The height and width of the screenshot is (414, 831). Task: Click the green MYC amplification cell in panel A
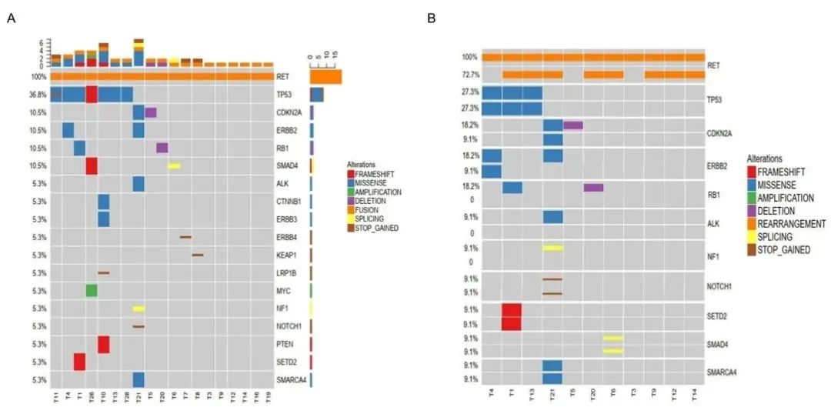(x=92, y=290)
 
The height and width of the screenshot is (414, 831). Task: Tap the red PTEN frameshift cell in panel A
(x=103, y=344)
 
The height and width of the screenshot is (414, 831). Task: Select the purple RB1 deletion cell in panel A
(x=162, y=148)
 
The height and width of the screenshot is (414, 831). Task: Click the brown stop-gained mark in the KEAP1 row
(x=198, y=255)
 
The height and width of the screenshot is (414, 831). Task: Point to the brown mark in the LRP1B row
(x=103, y=272)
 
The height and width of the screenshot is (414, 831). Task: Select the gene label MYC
(x=283, y=291)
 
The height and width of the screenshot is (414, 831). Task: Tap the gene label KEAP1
(x=286, y=255)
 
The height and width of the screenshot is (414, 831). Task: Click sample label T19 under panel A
(x=268, y=400)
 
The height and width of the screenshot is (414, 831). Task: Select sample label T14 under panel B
(x=694, y=400)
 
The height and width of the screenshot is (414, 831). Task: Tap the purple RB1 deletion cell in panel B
(x=593, y=187)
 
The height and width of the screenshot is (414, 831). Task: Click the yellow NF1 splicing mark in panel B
(x=552, y=248)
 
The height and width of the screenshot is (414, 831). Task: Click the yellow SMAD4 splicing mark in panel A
(x=174, y=165)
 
